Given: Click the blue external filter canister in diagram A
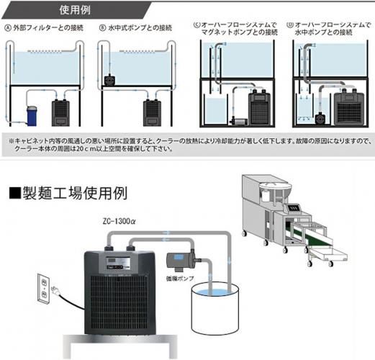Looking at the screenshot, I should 31,114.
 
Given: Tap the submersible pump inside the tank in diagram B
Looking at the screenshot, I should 111,76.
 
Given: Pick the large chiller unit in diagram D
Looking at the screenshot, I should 352,105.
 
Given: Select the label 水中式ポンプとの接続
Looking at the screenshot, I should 140,29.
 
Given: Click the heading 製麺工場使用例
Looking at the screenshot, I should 68,194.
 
